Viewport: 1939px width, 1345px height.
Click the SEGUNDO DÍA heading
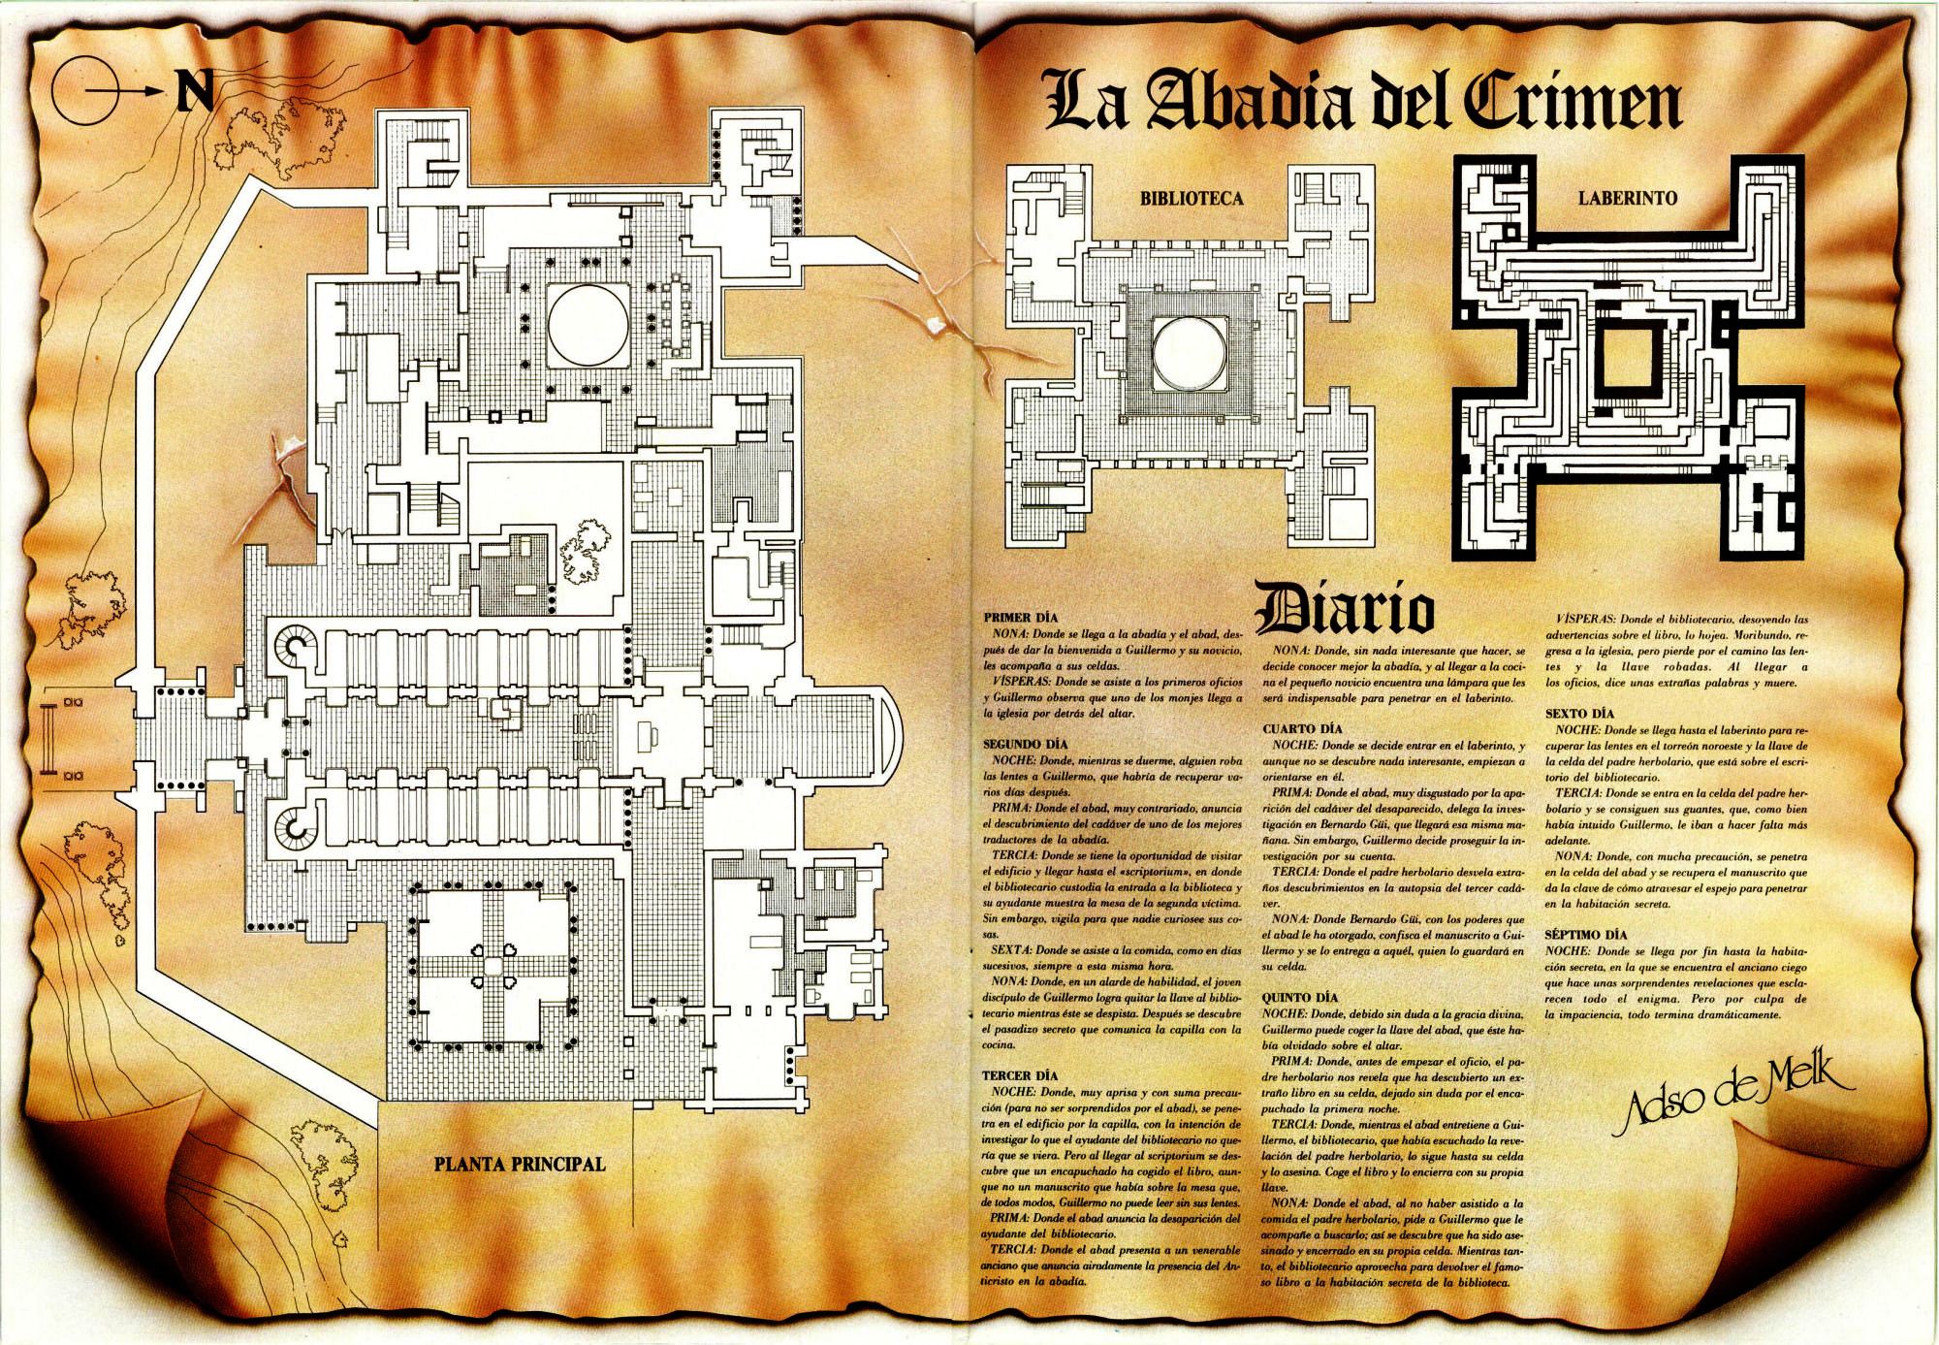click(1024, 744)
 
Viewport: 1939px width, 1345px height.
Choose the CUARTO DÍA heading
click(1300, 728)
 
